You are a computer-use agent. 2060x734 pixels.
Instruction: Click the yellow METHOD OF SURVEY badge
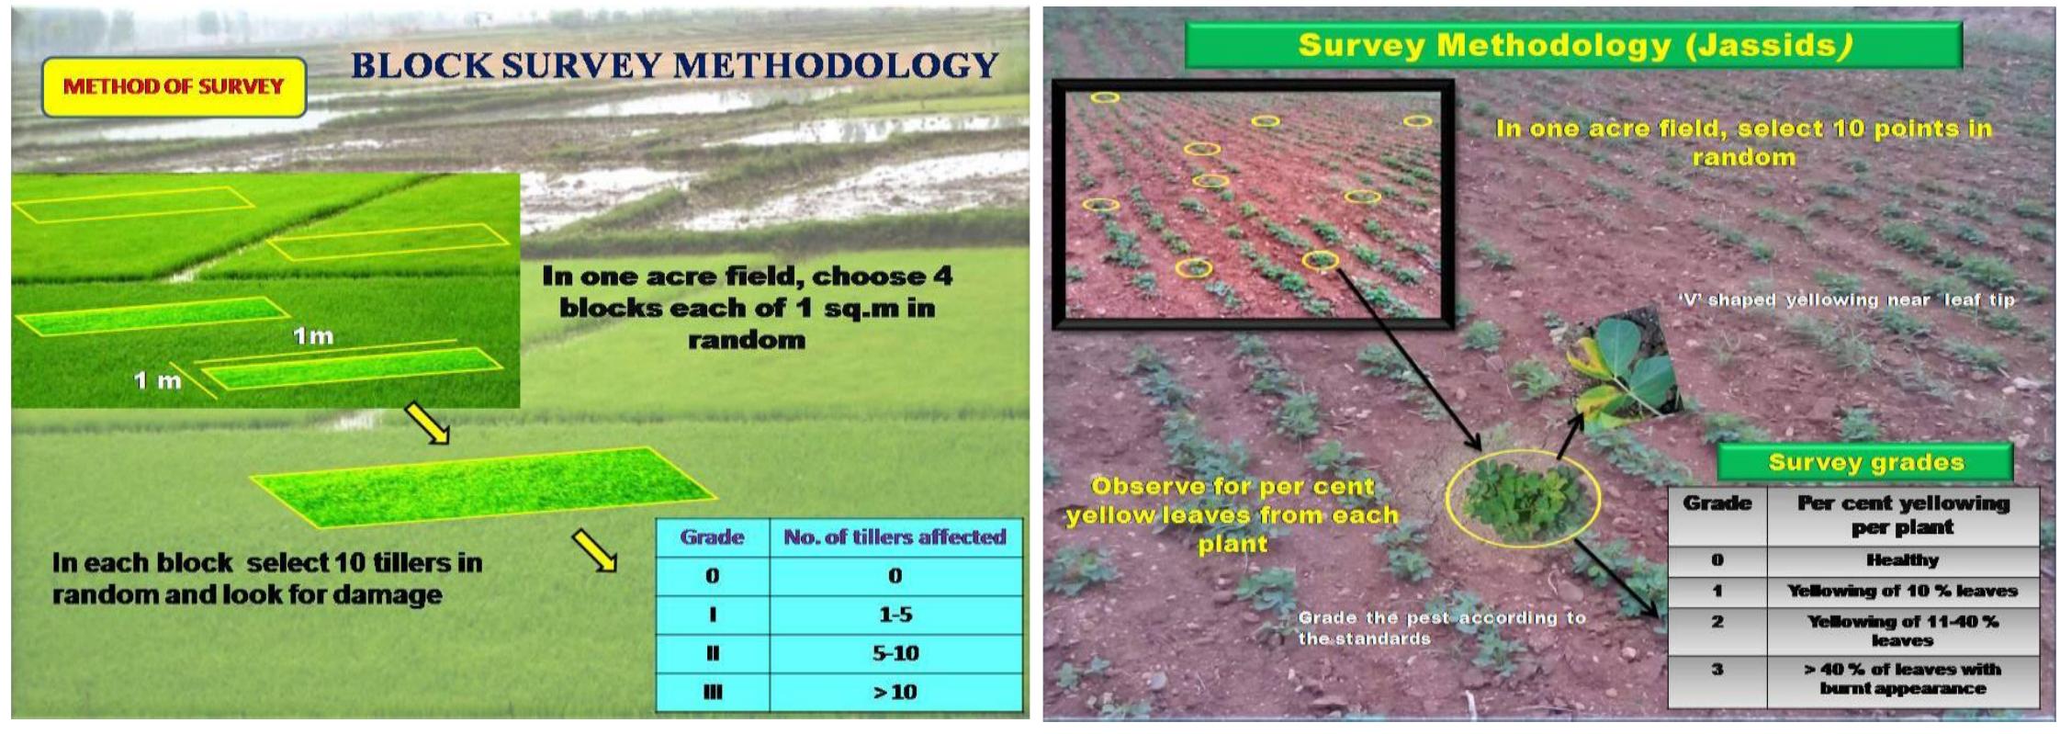[x=174, y=87]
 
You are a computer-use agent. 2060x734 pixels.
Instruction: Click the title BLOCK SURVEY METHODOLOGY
[x=675, y=65]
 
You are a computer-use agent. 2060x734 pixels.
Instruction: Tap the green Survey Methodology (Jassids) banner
[x=1573, y=45]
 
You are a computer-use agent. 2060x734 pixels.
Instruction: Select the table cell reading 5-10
[x=895, y=653]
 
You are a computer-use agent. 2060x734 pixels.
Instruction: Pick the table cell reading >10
[x=895, y=692]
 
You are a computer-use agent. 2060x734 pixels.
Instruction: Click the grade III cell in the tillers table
[x=712, y=692]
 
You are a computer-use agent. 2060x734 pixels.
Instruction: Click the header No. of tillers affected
[x=895, y=537]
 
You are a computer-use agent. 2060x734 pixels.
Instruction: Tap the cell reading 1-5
[x=895, y=615]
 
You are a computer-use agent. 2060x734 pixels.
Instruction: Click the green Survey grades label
[x=1865, y=462]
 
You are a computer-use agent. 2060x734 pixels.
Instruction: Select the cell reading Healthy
[x=1901, y=560]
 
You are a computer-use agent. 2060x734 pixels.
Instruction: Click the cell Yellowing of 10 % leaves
[x=1901, y=591]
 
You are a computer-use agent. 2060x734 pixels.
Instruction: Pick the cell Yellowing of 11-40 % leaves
[x=1901, y=630]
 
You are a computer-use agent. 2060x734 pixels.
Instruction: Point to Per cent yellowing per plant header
[x=1901, y=514]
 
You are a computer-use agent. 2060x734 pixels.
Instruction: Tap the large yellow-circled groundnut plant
[x=1522, y=499]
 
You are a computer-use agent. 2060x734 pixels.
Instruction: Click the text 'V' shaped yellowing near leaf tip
[x=1846, y=300]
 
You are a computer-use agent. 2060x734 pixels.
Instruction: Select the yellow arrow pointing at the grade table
[x=594, y=550]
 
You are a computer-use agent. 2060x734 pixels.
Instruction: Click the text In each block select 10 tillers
[x=266, y=578]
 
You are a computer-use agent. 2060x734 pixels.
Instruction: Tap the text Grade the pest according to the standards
[x=1440, y=627]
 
